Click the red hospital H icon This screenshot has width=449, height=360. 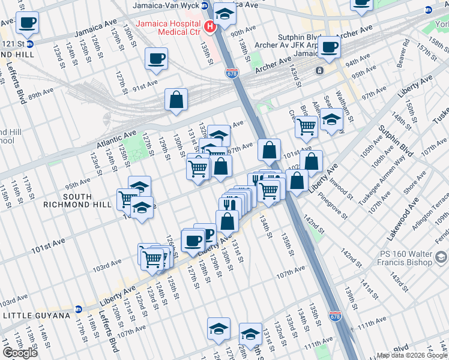[x=209, y=26]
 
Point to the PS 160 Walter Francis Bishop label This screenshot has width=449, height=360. [x=405, y=257]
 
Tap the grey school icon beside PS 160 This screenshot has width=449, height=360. [x=441, y=257]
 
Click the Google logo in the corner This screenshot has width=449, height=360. [x=20, y=353]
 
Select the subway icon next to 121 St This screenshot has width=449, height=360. [x=30, y=44]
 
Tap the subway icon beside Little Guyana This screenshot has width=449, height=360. [x=78, y=310]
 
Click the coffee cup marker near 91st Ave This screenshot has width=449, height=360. [x=157, y=59]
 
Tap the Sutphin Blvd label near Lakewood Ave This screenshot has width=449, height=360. [x=398, y=140]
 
